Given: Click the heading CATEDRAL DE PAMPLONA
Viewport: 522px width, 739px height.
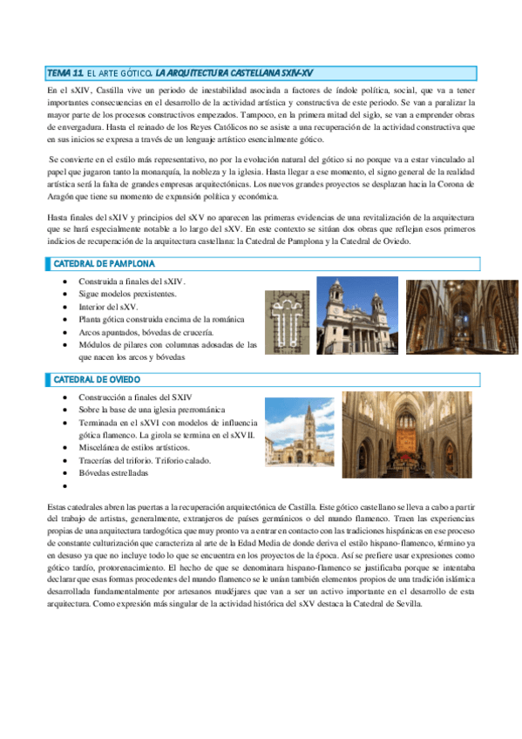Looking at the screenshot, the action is [105, 263].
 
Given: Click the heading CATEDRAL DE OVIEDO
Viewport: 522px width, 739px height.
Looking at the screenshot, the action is [98, 380].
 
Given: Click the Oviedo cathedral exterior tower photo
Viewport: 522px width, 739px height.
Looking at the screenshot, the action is [300, 432].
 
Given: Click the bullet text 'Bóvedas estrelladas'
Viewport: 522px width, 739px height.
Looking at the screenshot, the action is [113, 473].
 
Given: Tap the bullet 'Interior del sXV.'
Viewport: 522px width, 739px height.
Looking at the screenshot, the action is [108, 307].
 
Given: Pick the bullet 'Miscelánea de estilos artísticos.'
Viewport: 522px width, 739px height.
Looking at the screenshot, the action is [133, 447].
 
